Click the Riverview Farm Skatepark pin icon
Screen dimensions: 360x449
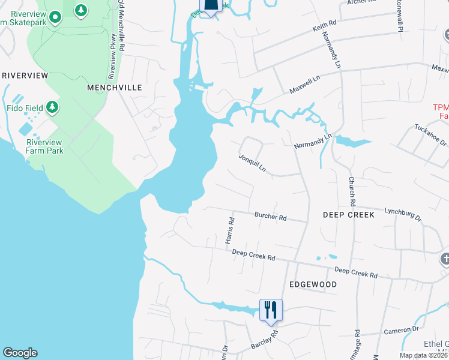pos(55,17)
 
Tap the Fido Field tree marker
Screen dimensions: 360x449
pos(53,107)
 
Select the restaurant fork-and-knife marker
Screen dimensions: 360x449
pos(269,309)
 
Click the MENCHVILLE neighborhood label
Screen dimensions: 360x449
pos(115,88)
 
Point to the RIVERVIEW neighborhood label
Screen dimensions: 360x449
pos(25,76)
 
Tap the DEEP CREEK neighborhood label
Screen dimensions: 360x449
pos(348,214)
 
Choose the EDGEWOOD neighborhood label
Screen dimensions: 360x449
pos(313,284)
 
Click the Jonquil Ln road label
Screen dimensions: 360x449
pos(252,162)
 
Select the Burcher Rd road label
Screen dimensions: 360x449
pos(270,217)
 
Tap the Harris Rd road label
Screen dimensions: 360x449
pos(230,230)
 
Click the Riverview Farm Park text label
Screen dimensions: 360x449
pos(44,146)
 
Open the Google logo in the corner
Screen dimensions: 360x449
pos(20,353)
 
